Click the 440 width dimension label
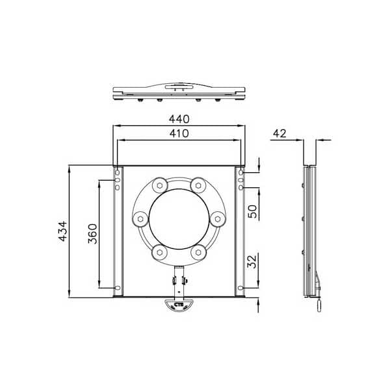pyautogui.click(x=179, y=119)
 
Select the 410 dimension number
pyautogui.click(x=179, y=134)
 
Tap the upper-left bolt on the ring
pyautogui.click(x=157, y=187)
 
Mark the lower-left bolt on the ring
pyautogui.click(x=157, y=250)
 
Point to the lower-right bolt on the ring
pyautogui.click(x=199, y=250)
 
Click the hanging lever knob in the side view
pyautogui.click(x=318, y=304)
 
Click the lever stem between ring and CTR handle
pyautogui.click(x=179, y=279)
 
